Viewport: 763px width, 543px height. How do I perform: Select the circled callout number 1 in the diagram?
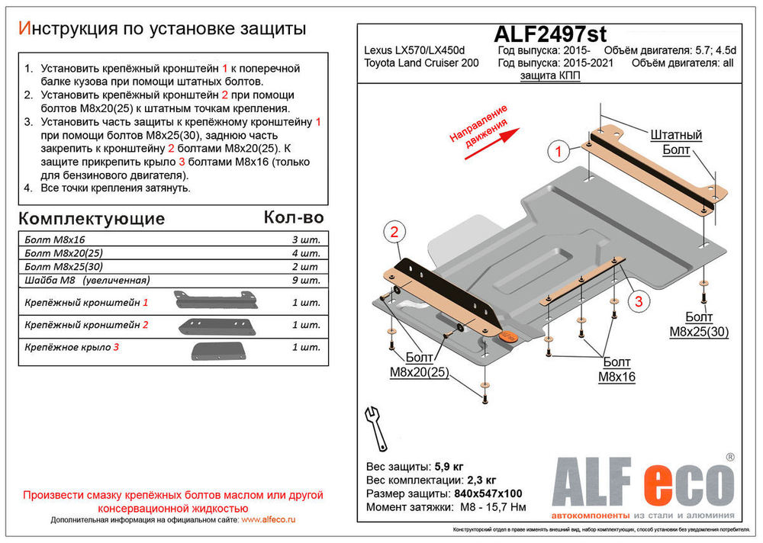(559, 153)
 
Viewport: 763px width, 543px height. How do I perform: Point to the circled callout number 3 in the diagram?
(639, 302)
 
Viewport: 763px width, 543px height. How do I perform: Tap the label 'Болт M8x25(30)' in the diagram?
(700, 324)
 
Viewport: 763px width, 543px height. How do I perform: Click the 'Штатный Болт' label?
(676, 143)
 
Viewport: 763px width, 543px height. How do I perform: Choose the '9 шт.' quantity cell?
(305, 281)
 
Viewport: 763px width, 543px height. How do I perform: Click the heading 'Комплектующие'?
(91, 219)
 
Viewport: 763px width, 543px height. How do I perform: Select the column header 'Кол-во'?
(293, 217)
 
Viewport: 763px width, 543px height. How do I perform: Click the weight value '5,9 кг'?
(449, 467)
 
